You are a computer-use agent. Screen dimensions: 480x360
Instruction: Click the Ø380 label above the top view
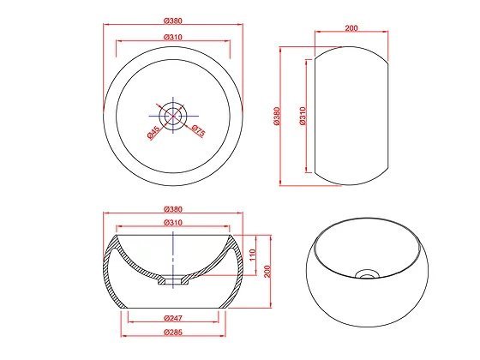pos(173,21)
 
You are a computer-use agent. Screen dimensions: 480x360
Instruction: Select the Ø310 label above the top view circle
pos(173,37)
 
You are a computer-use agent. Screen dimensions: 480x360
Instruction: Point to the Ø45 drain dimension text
pos(153,132)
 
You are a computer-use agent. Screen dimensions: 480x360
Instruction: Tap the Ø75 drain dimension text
pos(198,130)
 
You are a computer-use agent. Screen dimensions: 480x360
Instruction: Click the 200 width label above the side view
pos(351,27)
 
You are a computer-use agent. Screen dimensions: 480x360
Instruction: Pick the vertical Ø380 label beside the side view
pos(277,116)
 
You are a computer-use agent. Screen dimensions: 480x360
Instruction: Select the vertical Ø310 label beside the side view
pos(303,116)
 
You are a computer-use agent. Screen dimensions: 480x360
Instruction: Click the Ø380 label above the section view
pos(173,209)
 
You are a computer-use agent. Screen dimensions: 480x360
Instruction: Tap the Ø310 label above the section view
pos(173,223)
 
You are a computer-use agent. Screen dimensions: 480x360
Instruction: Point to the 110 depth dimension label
pos(253,255)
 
